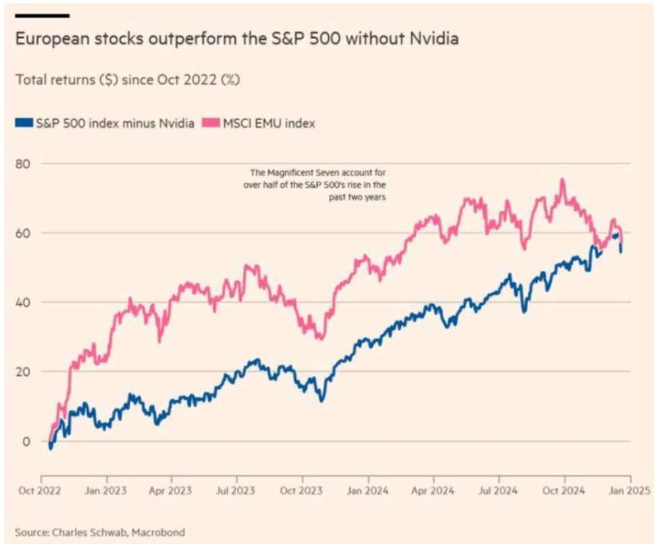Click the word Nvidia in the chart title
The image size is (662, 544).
point(433,39)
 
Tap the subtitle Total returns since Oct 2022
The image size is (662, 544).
point(128,80)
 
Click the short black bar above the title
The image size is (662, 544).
point(42,15)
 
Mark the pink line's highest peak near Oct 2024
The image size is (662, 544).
point(561,180)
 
